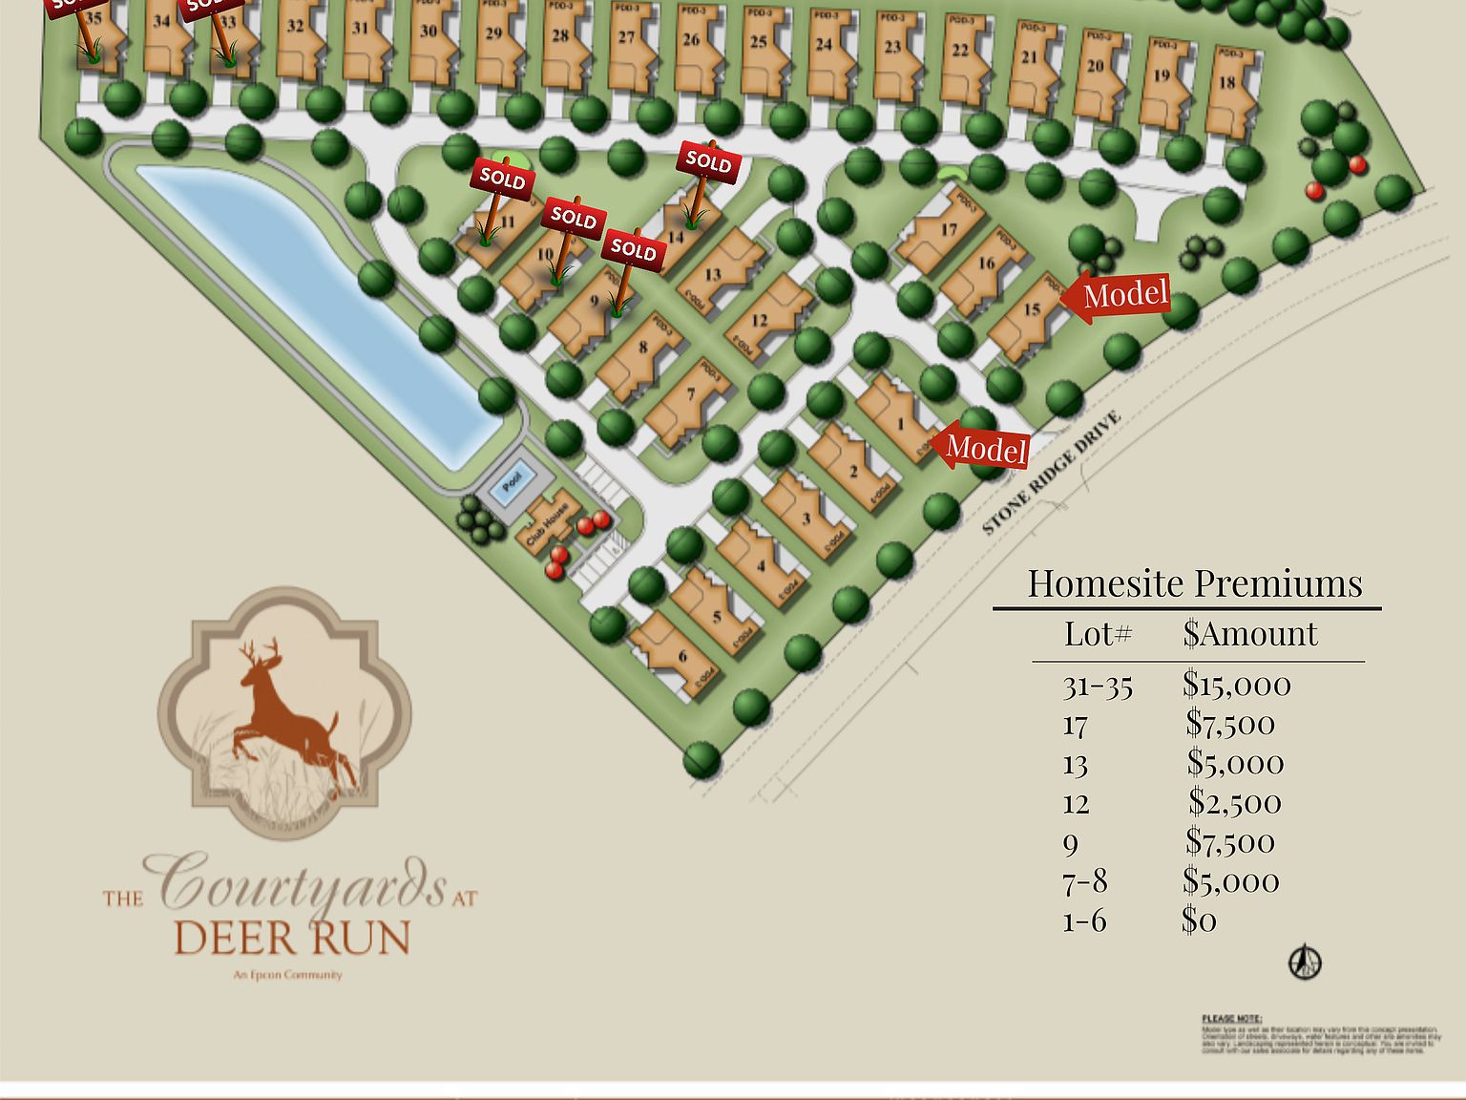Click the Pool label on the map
[x=513, y=480]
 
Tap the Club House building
[x=549, y=520]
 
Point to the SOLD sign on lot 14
[x=708, y=161]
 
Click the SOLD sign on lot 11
[x=502, y=178]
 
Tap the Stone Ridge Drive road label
[x=1051, y=474]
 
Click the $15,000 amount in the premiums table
[x=1236, y=684]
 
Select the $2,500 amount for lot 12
[x=1235, y=803]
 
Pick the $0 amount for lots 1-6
[x=1199, y=920]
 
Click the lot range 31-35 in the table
[x=1098, y=686]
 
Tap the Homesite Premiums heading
[x=1194, y=583]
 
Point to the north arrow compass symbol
[x=1305, y=962]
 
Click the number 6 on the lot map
[x=682, y=656]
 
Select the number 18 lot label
[x=1226, y=82]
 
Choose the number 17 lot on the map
[x=949, y=229]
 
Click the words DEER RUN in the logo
[x=292, y=939]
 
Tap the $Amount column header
[x=1249, y=634]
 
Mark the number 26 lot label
[x=691, y=39]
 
